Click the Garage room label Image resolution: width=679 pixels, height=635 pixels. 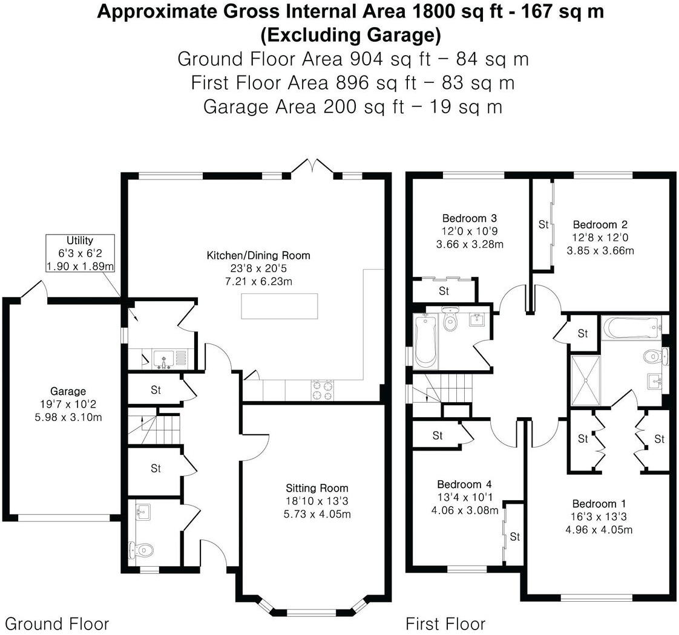(68, 391)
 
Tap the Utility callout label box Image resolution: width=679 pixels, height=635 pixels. (80, 253)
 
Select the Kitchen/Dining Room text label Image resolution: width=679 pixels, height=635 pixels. (258, 255)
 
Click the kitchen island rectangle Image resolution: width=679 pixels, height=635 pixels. (280, 306)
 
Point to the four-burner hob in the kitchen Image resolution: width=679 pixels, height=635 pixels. (323, 390)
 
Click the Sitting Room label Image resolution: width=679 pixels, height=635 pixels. (317, 488)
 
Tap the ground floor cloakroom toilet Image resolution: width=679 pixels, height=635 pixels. (141, 550)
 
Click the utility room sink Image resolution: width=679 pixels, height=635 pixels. (163, 359)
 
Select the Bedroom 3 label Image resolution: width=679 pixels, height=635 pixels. (470, 218)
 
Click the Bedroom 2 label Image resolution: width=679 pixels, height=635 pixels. (600, 224)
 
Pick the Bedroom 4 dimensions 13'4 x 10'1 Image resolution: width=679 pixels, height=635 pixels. (465, 497)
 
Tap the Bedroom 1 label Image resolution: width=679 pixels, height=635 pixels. (599, 504)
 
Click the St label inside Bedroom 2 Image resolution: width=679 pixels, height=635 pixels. (543, 224)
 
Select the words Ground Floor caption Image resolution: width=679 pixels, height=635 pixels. (57, 624)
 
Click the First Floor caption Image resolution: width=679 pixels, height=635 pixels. (445, 624)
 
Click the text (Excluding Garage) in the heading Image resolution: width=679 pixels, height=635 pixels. (351, 36)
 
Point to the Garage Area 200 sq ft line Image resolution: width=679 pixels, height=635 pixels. (353, 106)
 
